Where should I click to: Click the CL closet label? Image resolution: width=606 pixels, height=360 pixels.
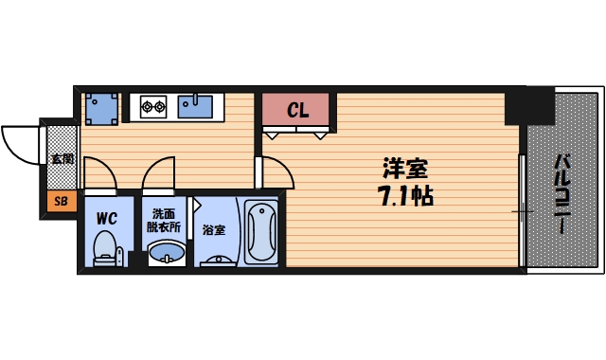[297, 111]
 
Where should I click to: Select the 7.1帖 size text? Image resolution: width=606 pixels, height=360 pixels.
[405, 198]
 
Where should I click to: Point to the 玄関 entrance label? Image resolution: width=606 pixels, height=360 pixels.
[62, 159]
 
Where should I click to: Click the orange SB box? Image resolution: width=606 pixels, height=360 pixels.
[62, 201]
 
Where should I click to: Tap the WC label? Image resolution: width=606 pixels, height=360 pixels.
[106, 218]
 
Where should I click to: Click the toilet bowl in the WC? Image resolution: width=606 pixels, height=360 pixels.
[105, 250]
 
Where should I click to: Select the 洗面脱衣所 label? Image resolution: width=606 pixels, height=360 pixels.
[164, 221]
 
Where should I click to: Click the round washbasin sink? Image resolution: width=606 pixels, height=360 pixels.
[168, 254]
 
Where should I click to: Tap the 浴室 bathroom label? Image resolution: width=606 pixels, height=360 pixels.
[213, 230]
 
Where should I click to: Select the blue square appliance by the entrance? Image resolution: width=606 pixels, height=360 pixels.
[100, 108]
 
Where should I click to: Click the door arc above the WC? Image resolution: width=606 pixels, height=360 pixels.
[99, 174]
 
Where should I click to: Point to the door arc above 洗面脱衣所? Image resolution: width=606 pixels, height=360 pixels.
[159, 175]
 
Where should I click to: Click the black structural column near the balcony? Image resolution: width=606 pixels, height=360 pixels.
[528, 105]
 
